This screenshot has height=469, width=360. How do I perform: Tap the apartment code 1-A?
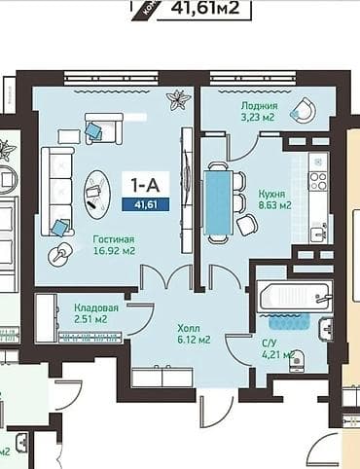coord(141,182)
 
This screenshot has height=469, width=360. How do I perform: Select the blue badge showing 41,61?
coord(141,203)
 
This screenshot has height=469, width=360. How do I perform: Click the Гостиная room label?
coord(114,238)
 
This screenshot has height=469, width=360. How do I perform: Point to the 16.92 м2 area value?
coord(114,251)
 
